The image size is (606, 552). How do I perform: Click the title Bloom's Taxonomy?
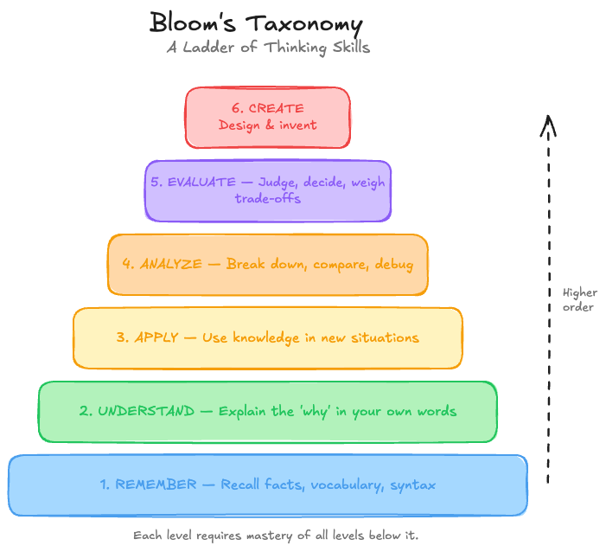coord(256,23)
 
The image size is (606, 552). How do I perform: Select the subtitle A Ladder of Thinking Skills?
coord(268,48)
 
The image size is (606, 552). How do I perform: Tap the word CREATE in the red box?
coord(276,109)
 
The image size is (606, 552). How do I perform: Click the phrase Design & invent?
coord(268,125)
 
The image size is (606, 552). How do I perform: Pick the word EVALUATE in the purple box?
coord(203,183)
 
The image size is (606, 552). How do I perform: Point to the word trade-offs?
coord(268,198)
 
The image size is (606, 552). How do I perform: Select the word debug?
coord(394,264)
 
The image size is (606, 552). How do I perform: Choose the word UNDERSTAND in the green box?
coord(146,411)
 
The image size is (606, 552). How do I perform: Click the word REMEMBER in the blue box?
coord(156,485)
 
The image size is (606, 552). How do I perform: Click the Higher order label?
coord(579,299)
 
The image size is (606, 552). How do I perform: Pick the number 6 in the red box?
coord(236,109)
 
